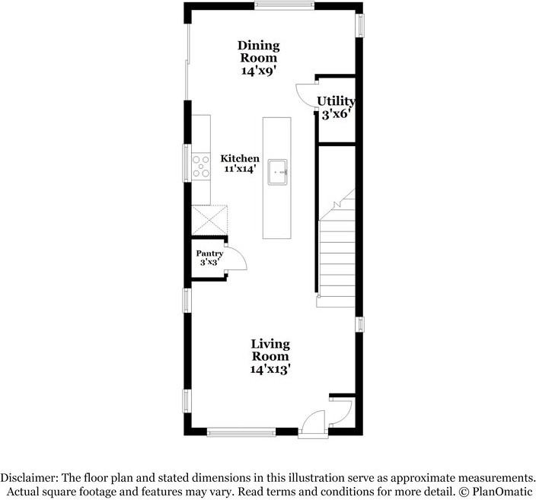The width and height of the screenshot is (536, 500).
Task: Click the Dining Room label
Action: tap(258, 52)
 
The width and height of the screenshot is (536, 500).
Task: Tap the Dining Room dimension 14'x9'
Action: tap(258, 70)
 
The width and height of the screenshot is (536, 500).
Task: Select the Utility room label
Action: tap(336, 101)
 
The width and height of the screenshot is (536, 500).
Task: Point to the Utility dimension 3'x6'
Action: tap(336, 114)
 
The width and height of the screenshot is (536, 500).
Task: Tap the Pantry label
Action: tap(209, 253)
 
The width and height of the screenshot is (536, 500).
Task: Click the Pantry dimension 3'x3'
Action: tap(209, 263)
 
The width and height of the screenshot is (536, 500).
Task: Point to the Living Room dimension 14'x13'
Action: tap(270, 369)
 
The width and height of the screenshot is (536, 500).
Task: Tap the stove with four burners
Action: tap(201, 166)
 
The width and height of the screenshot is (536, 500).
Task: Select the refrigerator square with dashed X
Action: tap(209, 221)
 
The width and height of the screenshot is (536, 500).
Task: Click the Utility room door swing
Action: tap(306, 95)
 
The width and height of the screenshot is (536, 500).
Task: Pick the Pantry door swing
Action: tap(237, 260)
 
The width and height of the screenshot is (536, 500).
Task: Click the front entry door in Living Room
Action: tap(312, 423)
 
